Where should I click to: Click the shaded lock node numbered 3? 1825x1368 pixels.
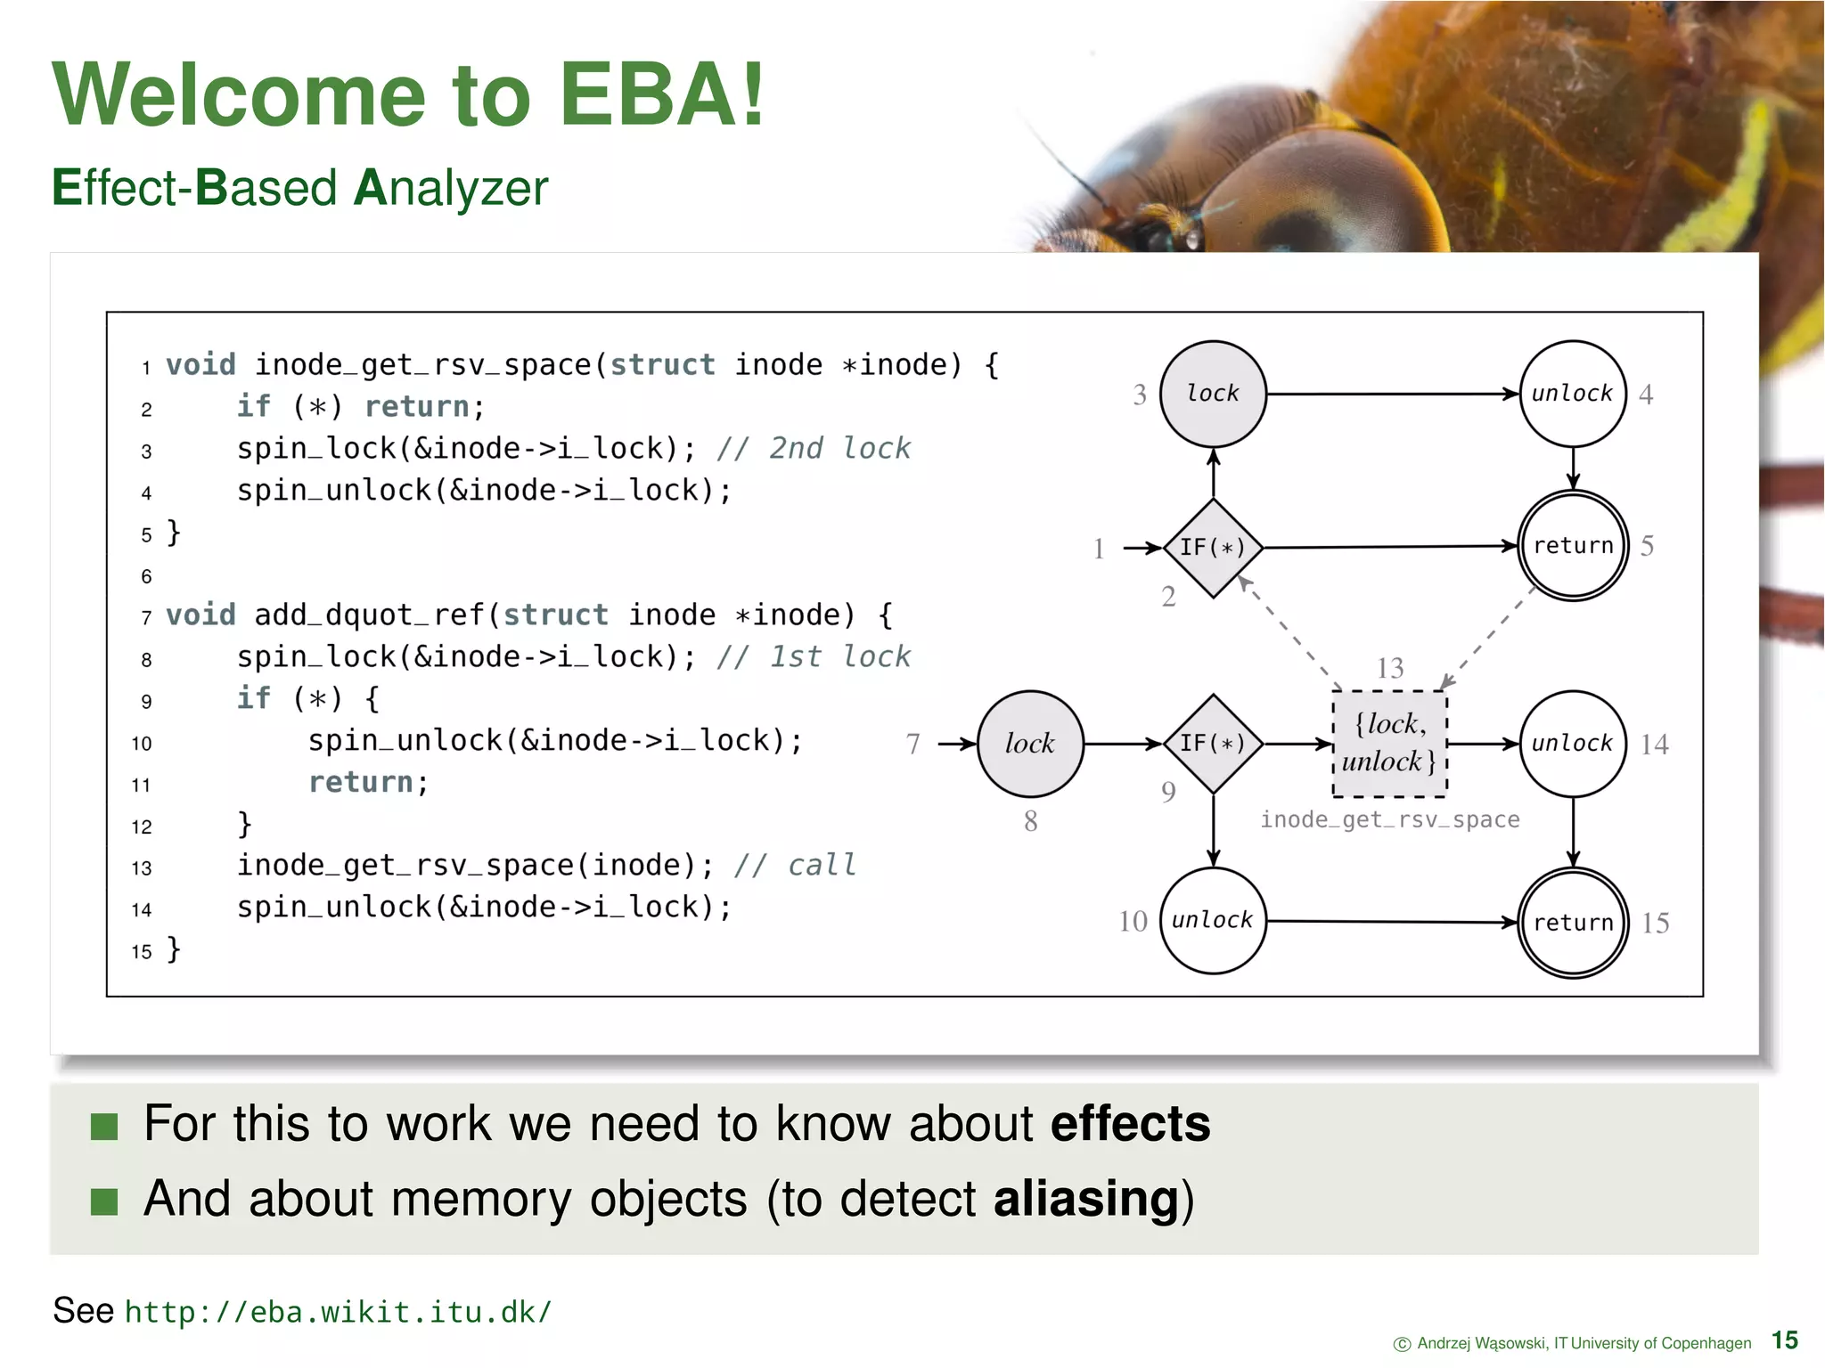pyautogui.click(x=1213, y=394)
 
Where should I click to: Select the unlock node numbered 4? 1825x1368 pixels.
pyautogui.click(x=1573, y=394)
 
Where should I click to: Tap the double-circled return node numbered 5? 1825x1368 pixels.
pyautogui.click(x=1573, y=546)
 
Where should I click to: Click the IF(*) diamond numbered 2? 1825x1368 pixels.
pyautogui.click(x=1213, y=548)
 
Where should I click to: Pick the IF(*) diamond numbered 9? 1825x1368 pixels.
pyautogui.click(x=1213, y=744)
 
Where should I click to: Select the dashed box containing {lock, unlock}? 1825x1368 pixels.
pyautogui.click(x=1389, y=744)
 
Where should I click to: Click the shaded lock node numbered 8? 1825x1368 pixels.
pyautogui.click(x=1031, y=744)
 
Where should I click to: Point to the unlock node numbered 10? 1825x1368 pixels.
pyautogui.click(x=1213, y=921)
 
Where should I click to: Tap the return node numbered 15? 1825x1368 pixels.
pyautogui.click(x=1573, y=923)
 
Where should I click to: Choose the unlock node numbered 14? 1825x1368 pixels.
pyautogui.click(x=1573, y=744)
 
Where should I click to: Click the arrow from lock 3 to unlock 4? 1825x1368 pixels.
pyautogui.click(x=1390, y=394)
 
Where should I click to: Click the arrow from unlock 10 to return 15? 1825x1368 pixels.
pyautogui.click(x=1390, y=922)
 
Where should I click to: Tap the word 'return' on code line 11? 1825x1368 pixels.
pyautogui.click(x=361, y=782)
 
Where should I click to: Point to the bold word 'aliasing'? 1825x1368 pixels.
pyautogui.click(x=1086, y=1198)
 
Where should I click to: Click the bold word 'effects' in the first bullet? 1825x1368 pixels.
pyautogui.click(x=1130, y=1123)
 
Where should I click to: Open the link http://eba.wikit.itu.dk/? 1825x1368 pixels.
pyautogui.click(x=339, y=1312)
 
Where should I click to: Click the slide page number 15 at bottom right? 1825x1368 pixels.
pyautogui.click(x=1785, y=1340)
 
